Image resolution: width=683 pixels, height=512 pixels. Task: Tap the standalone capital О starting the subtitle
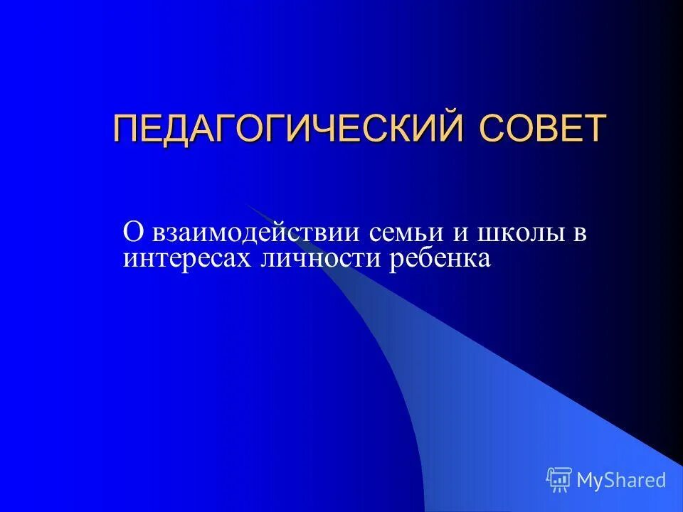click(132, 233)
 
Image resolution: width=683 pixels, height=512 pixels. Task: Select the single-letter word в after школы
click(580, 234)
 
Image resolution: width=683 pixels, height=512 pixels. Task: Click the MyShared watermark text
click(621, 480)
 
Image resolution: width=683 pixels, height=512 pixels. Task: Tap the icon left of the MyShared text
click(559, 479)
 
